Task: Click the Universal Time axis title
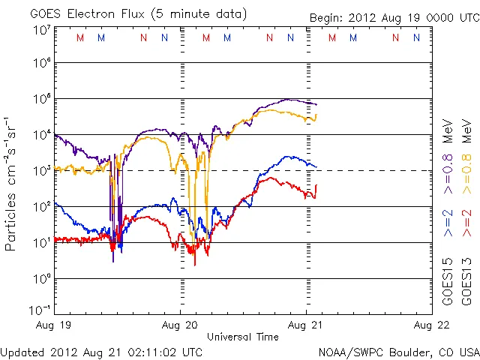(x=243, y=337)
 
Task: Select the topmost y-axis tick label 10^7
(x=41, y=30)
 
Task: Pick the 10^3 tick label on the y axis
(x=41, y=170)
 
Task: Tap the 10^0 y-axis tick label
(x=41, y=278)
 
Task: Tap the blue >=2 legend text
(x=448, y=223)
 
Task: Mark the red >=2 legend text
(x=466, y=223)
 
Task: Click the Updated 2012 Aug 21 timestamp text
(x=101, y=351)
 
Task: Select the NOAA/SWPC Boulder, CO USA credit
(x=398, y=351)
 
